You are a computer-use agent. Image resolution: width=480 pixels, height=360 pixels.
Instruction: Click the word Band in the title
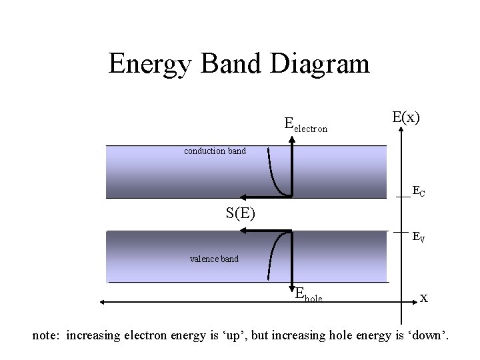(x=226, y=65)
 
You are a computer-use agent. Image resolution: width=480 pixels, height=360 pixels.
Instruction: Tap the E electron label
(x=306, y=125)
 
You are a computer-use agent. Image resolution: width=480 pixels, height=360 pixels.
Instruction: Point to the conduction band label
(x=215, y=151)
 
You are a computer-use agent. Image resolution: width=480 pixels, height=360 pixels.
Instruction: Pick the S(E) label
(x=245, y=214)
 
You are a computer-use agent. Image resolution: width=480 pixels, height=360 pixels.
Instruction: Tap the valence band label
(x=214, y=259)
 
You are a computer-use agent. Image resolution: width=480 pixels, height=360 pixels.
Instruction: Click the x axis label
(x=423, y=297)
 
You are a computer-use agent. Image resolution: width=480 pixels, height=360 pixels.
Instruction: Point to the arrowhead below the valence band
(x=291, y=289)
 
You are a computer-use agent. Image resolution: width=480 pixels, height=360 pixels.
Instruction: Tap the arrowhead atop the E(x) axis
(x=401, y=131)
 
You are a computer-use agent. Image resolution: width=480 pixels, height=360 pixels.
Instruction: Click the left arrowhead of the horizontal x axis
(x=103, y=302)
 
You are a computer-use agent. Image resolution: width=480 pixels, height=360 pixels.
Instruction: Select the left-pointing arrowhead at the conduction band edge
(x=244, y=197)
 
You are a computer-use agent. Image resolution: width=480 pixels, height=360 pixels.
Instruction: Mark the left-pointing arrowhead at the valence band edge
(x=244, y=231)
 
